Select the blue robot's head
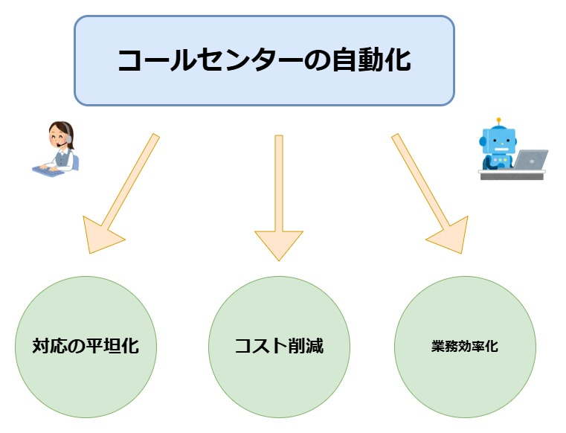pyautogui.click(x=497, y=139)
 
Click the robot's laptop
pyautogui.click(x=530, y=159)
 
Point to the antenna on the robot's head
pyautogui.click(x=499, y=119)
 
